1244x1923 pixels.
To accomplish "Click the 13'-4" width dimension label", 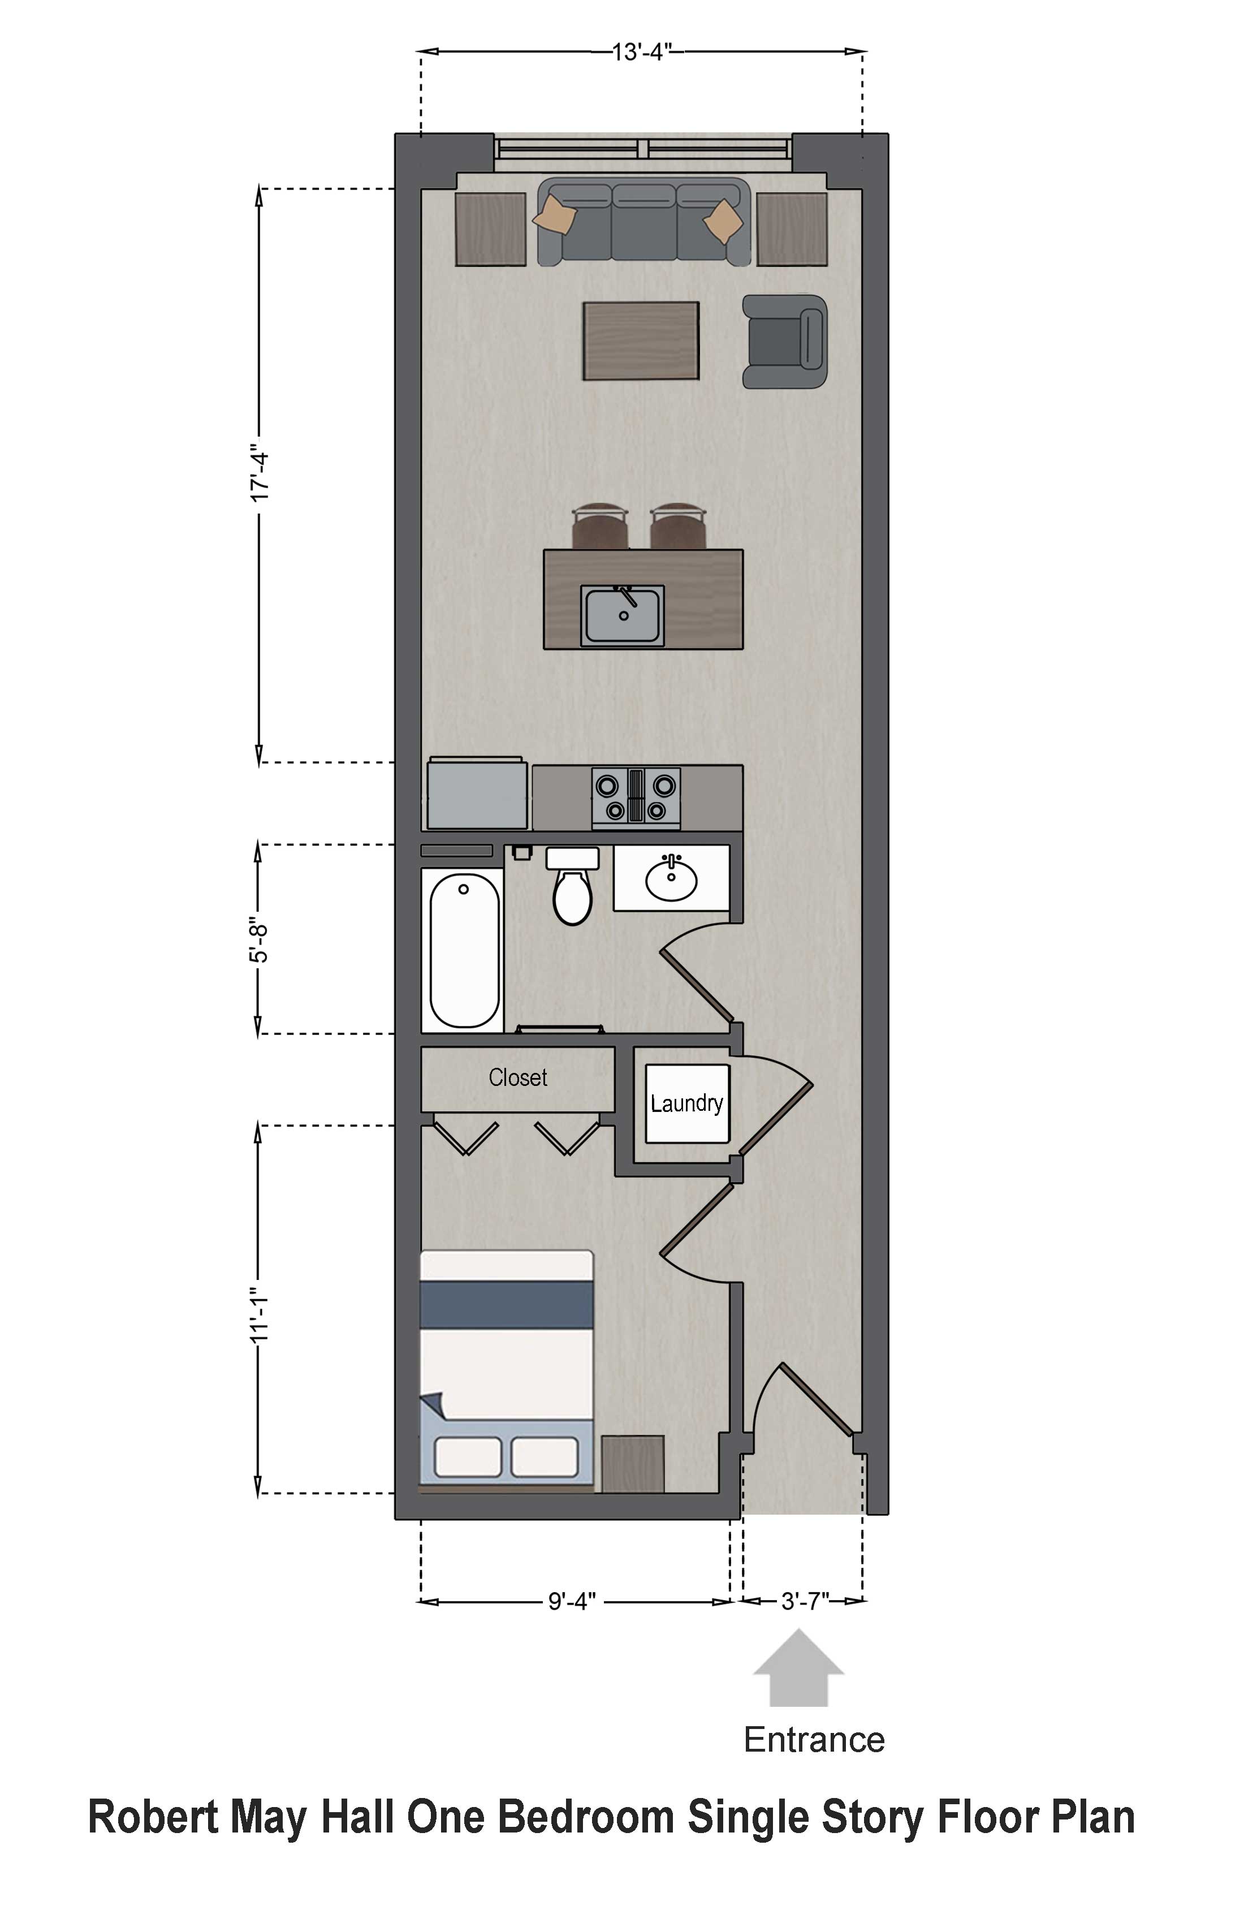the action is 642,53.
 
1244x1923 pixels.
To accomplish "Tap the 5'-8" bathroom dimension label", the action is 258,939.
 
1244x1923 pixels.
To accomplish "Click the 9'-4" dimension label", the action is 572,1601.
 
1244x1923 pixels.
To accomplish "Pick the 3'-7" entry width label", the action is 805,1601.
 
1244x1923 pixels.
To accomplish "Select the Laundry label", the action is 686,1103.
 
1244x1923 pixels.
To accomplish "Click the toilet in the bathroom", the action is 573,886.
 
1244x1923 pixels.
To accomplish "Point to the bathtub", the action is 464,951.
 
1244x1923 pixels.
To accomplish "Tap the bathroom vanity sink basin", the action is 671,879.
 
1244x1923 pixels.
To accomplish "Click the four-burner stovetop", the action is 636,797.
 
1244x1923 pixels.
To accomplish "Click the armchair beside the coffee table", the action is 785,341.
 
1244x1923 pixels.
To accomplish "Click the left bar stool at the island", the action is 599,525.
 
